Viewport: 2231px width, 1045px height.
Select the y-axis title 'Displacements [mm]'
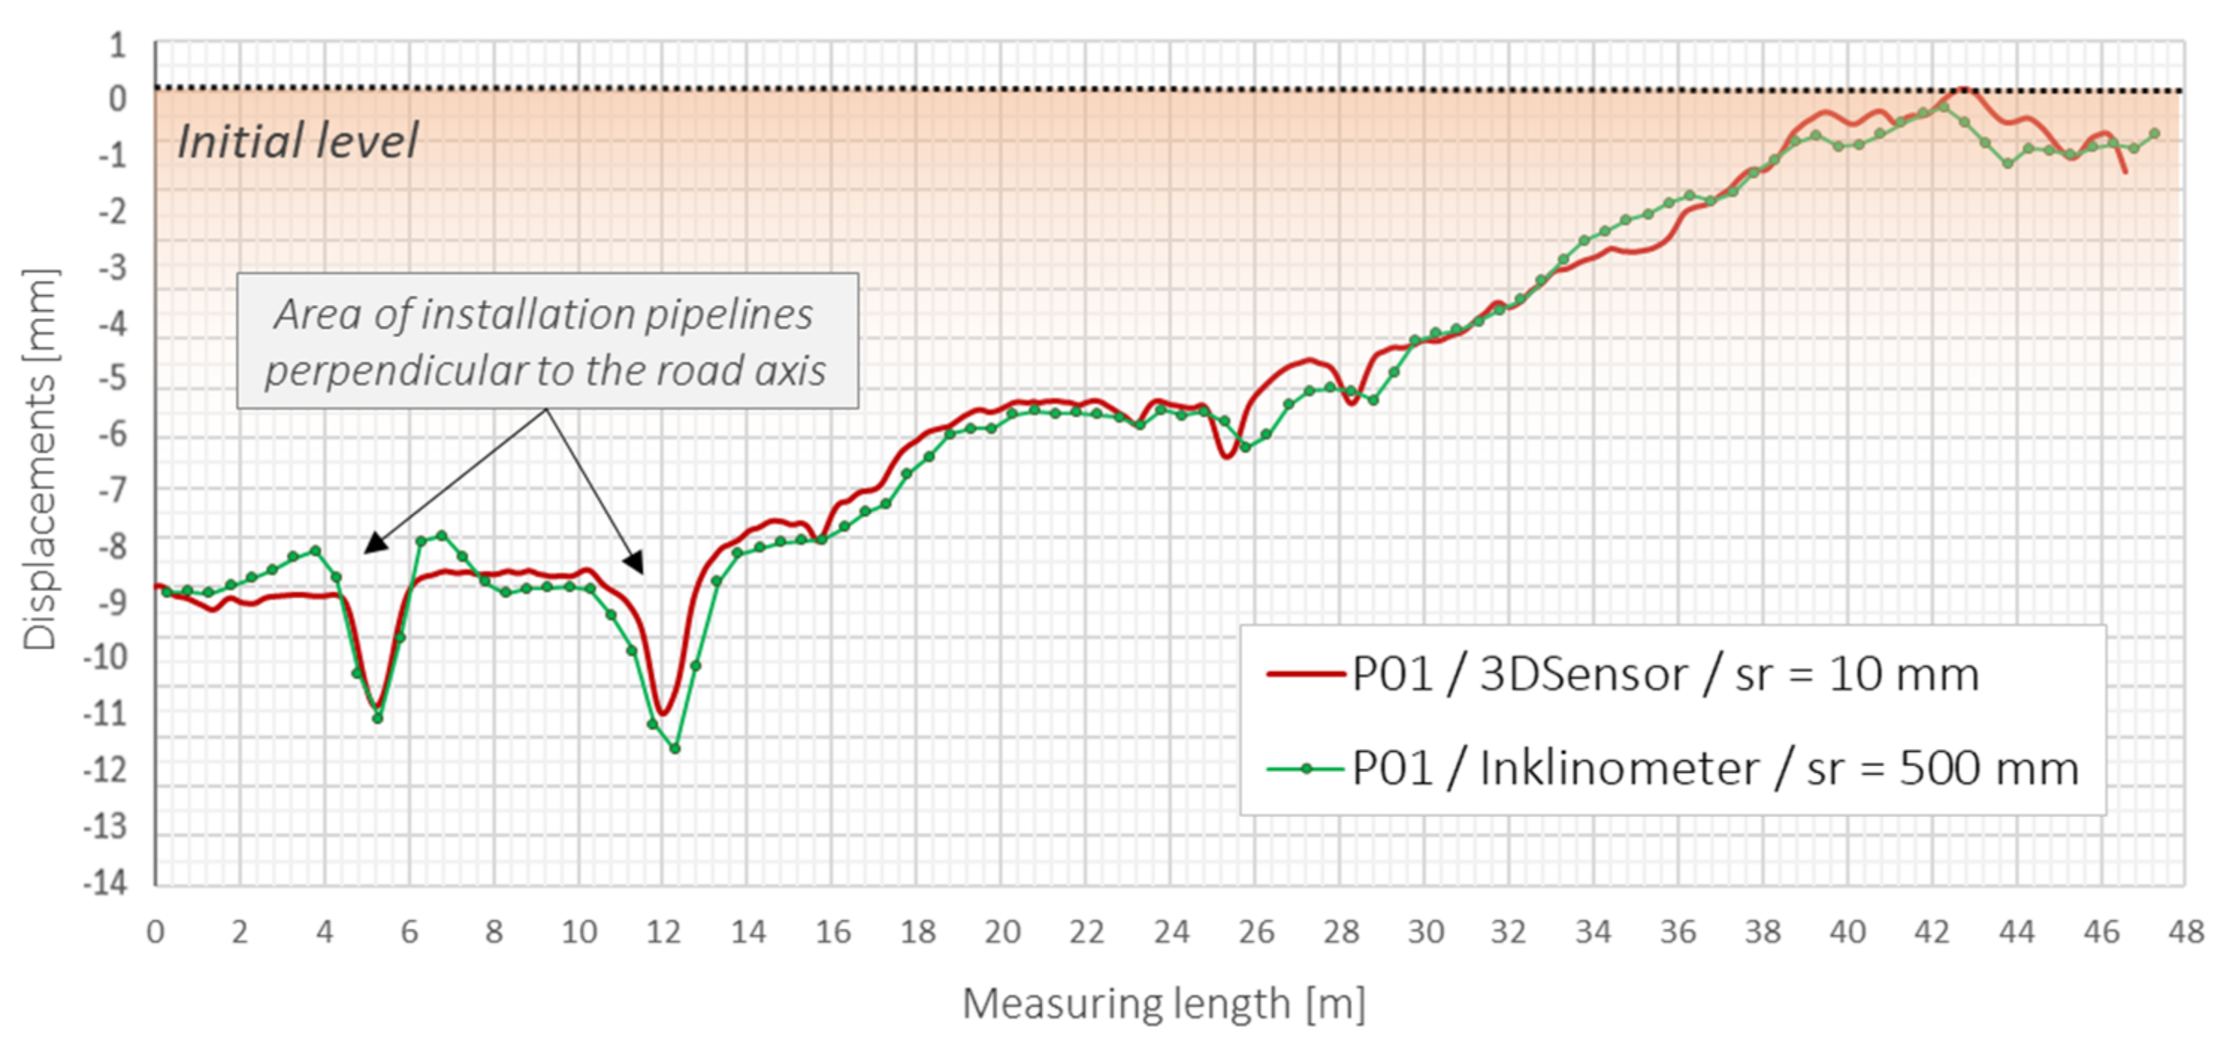(40, 459)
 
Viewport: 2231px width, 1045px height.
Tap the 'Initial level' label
(297, 141)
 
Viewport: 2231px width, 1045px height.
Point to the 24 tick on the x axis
(1171, 932)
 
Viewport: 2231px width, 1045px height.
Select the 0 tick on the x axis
(156, 932)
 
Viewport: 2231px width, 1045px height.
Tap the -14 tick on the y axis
(105, 884)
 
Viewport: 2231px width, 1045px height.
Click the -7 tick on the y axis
(111, 491)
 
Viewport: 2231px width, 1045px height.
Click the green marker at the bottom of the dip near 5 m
(377, 718)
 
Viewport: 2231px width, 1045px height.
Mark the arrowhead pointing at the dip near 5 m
(372, 544)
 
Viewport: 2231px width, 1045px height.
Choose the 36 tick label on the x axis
(1678, 932)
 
